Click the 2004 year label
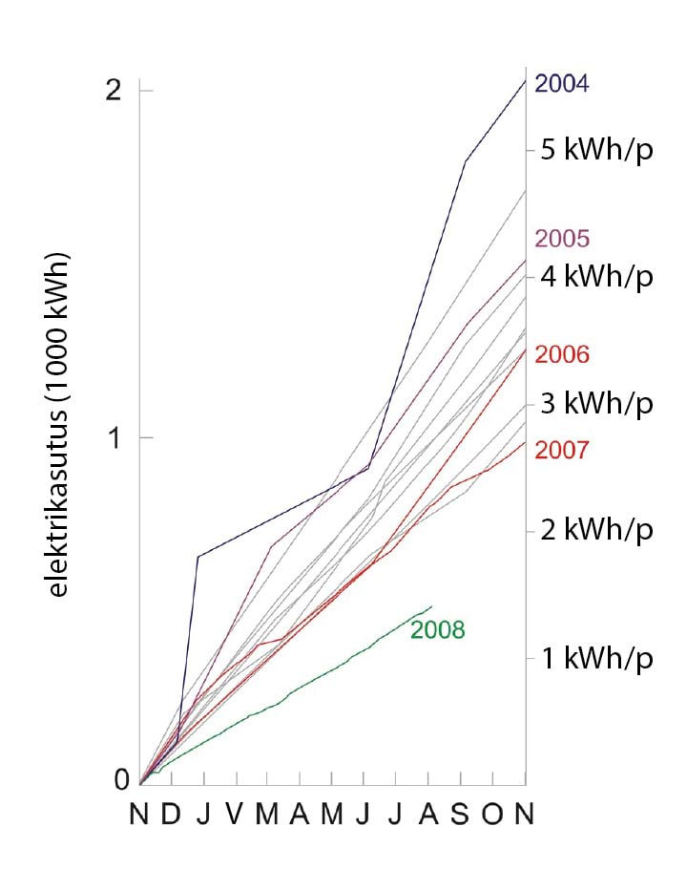562,84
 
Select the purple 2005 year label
562,239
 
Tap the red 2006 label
562,354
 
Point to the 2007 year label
562,450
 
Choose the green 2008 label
437,630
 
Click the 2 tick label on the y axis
115,91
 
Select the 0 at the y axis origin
120,780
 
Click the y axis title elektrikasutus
60,425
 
